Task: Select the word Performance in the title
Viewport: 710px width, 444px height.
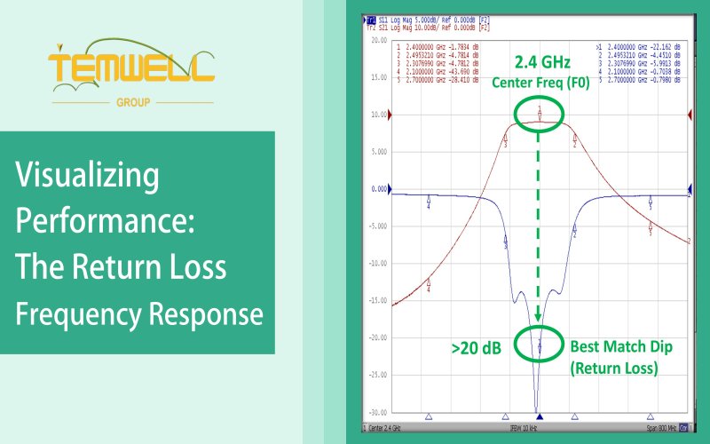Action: point(105,222)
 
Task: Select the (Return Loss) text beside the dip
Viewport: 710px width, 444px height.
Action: point(614,368)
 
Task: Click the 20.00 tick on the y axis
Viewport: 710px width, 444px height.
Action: point(378,41)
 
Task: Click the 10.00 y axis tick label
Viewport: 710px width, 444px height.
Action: point(378,115)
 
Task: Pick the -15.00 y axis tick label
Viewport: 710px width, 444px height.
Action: point(377,300)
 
